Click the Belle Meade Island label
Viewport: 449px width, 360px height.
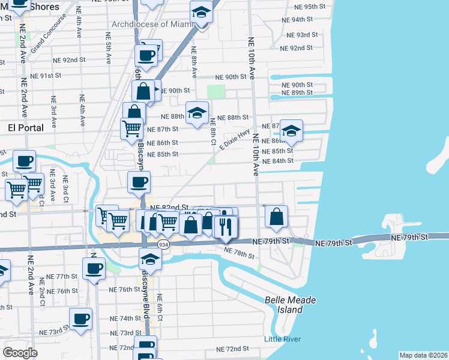(291, 305)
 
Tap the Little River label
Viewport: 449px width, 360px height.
(283, 339)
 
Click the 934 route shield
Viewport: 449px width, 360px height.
(163, 245)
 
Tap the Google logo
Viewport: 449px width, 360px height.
(20, 353)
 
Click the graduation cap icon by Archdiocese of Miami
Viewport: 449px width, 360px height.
(201, 12)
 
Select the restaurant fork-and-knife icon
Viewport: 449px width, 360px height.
(226, 227)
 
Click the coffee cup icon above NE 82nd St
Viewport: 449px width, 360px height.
(139, 182)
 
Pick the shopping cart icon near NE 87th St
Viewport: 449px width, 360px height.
(131, 128)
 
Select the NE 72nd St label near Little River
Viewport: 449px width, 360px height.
(232, 349)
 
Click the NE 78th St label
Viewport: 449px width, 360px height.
(239, 254)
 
